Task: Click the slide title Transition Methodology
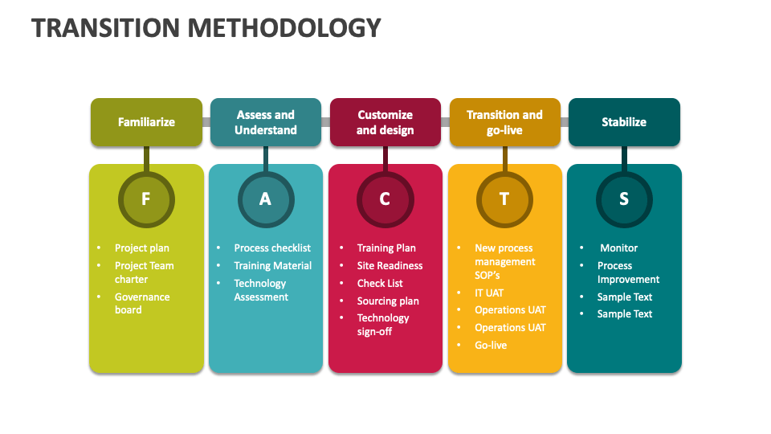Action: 206,28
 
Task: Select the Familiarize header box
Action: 146,122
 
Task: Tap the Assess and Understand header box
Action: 265,122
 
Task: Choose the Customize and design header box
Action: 385,122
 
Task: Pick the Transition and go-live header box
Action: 504,122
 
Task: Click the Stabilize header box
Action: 624,122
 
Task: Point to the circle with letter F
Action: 145,199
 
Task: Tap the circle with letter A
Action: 265,199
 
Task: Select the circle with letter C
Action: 385,199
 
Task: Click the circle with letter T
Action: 504,199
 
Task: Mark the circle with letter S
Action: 624,199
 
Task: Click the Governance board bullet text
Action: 142,303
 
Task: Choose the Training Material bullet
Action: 272,266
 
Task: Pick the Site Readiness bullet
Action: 390,266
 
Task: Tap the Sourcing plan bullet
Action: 388,301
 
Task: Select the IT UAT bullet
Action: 489,293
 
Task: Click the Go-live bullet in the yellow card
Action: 491,346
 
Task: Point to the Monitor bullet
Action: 618,248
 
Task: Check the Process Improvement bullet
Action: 628,272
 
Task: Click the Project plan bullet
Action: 142,248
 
